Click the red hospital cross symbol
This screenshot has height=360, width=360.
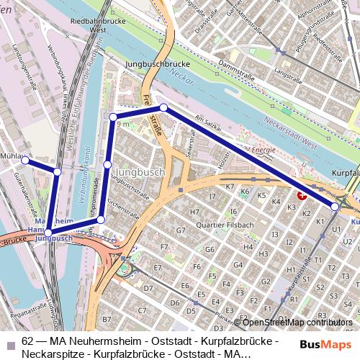[302, 194]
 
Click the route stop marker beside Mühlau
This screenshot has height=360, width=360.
[24, 161]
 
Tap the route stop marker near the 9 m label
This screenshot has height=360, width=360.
[113, 117]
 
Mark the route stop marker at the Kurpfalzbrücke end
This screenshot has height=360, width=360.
[335, 207]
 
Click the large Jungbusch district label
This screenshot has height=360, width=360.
[140, 173]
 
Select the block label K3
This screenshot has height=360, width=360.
[292, 207]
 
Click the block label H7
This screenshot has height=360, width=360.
[194, 212]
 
